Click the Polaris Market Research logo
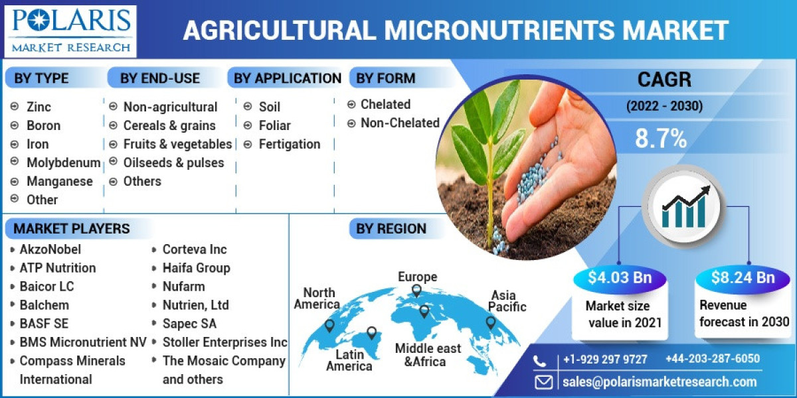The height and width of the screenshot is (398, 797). click(x=70, y=31)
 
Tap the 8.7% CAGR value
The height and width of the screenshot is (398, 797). click(x=660, y=139)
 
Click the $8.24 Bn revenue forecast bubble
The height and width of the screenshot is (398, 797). click(x=743, y=277)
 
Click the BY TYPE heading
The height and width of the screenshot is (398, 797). click(x=41, y=78)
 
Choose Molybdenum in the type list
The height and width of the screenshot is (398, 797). click(x=63, y=163)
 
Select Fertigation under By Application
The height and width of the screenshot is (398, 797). click(x=289, y=144)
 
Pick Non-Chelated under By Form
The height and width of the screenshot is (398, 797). click(x=400, y=123)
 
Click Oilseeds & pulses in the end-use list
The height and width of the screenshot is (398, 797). click(x=173, y=163)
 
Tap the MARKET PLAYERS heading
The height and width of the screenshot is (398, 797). click(x=72, y=229)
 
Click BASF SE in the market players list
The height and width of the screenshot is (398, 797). click(x=44, y=324)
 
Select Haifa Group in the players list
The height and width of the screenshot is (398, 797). click(x=196, y=268)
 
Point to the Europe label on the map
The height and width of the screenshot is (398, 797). click(x=417, y=277)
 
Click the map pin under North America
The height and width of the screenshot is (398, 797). click(x=329, y=325)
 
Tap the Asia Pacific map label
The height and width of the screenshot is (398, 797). click(x=508, y=300)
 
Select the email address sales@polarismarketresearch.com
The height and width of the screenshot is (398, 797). click(x=659, y=381)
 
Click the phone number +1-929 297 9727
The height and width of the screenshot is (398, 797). click(x=604, y=360)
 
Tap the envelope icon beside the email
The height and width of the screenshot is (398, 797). click(x=544, y=381)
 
